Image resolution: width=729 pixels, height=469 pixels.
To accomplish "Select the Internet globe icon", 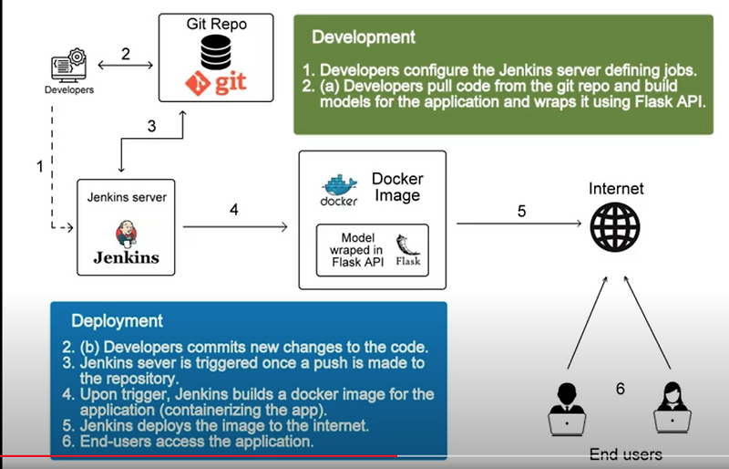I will coord(615,223).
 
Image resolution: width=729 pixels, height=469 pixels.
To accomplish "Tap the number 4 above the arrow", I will coord(234,210).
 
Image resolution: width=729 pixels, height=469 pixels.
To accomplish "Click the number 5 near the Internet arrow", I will coord(521,211).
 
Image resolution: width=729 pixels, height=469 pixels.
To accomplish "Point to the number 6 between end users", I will coord(621,388).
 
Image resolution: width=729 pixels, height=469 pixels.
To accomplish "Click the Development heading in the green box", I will coord(364,37).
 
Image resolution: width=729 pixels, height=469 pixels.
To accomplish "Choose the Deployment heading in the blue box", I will coord(118,321).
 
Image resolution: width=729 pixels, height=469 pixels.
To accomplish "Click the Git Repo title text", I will coord(216,25).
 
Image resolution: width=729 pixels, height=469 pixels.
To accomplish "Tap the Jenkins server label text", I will coord(126,196).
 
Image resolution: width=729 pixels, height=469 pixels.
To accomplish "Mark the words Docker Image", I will coord(397,187).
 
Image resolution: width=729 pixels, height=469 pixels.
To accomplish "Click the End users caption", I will coord(625,453).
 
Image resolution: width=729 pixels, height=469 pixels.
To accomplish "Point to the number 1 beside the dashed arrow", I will coord(39,167).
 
